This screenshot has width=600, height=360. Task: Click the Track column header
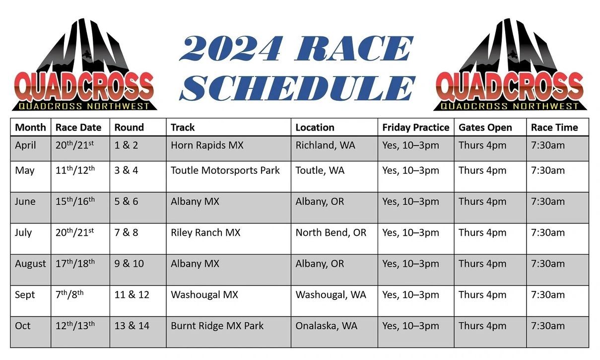coord(183,127)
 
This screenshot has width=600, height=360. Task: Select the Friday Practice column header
coord(415,127)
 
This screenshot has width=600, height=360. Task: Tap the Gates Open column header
coord(485,127)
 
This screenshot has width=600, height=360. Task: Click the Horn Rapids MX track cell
coord(207,145)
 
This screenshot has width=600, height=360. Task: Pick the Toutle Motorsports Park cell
coord(225,170)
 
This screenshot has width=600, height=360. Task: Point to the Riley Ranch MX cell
coord(205,232)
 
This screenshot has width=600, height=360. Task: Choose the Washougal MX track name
coord(204,294)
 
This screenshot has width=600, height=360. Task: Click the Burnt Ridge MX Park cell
coord(217,326)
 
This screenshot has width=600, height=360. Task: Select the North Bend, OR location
coord(331,232)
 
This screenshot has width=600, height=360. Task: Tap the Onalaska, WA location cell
coord(326,326)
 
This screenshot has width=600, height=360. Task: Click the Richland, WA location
coord(325,145)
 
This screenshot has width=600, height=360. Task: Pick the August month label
coord(30,264)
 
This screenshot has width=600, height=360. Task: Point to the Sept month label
coord(25,295)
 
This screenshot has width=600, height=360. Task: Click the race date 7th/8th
coord(69,294)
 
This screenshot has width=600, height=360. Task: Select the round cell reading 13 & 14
coord(132,326)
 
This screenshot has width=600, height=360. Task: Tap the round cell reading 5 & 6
coord(126,201)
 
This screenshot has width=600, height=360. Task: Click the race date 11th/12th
coord(75,170)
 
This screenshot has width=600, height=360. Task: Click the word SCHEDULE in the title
coord(297,88)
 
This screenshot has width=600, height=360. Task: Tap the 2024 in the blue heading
coord(231,48)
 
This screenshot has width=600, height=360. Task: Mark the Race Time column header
coord(554,127)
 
